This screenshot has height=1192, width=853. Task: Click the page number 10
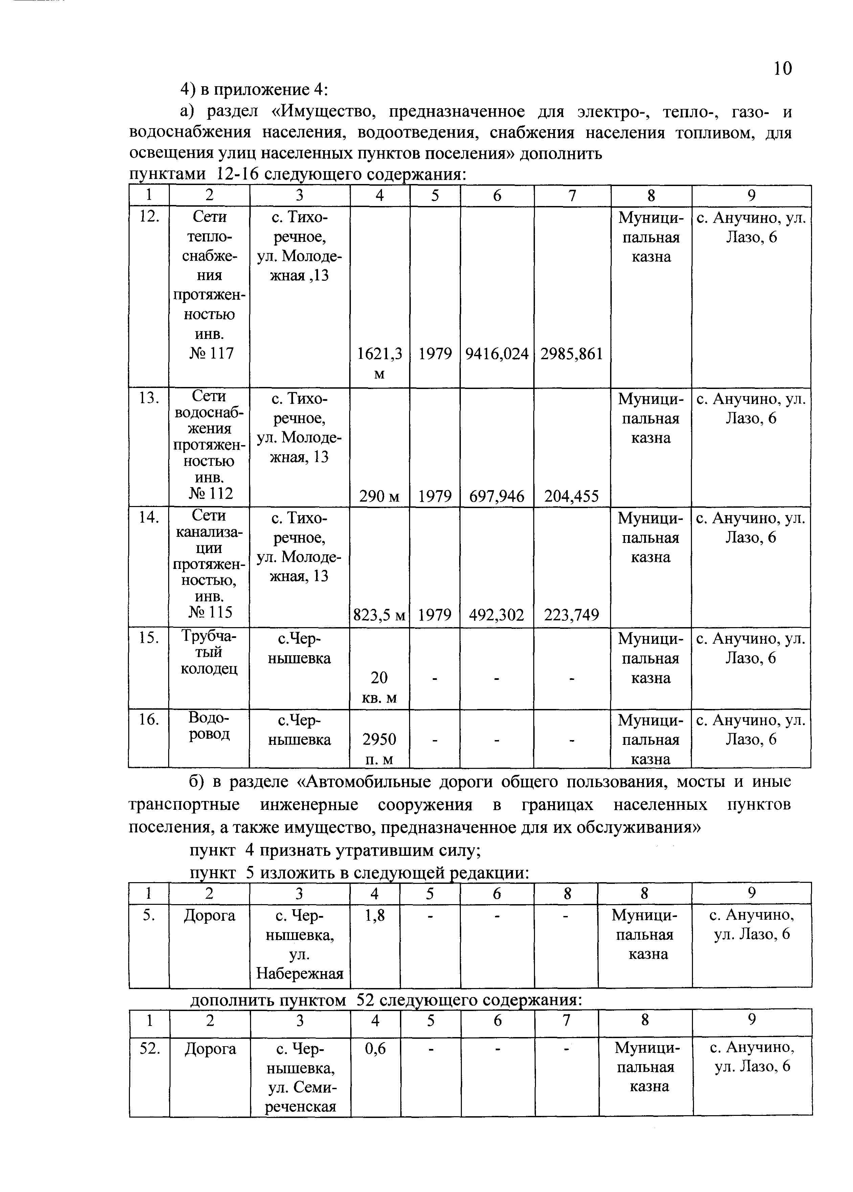coord(783,68)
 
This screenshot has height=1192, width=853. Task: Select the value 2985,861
coord(571,354)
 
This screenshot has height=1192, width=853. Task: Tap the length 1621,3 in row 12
coord(379,354)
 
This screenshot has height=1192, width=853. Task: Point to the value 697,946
coord(496,496)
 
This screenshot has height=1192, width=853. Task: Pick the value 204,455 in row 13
coord(571,496)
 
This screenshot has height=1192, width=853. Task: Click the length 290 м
coord(379,496)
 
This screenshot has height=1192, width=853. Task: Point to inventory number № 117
coord(210,353)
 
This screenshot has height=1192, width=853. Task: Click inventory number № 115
coord(210,612)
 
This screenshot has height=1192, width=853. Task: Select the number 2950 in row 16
coord(379,740)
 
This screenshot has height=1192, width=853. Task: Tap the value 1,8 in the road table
coord(375,915)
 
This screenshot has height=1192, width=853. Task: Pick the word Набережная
coord(299,973)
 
